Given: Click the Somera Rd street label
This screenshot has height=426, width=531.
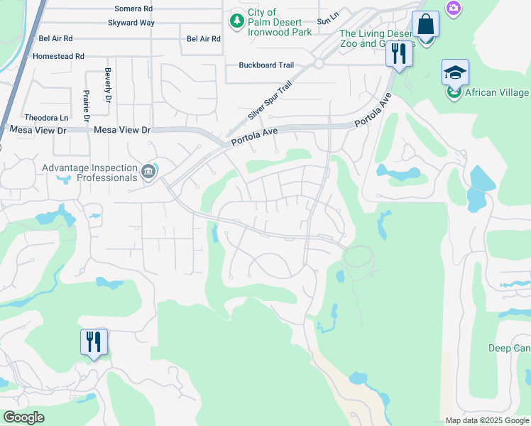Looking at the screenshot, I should pos(134,9).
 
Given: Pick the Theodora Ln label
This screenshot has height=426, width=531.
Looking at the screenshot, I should pos(46,117).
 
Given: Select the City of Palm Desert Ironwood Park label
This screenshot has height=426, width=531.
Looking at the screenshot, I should pos(280,22).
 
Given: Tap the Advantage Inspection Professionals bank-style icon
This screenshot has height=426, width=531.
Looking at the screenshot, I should pos(148,170).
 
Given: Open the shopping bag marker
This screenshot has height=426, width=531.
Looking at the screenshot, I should pos(425,24).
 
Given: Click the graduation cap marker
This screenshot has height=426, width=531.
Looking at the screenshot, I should pos(455,72).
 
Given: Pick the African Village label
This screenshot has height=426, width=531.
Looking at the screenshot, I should pos(497,92).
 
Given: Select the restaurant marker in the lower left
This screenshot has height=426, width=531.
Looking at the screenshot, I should pos(94,342).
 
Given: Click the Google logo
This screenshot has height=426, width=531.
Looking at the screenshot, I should pos(23,417).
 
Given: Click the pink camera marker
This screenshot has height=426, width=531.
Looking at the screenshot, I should pos(453,8).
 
